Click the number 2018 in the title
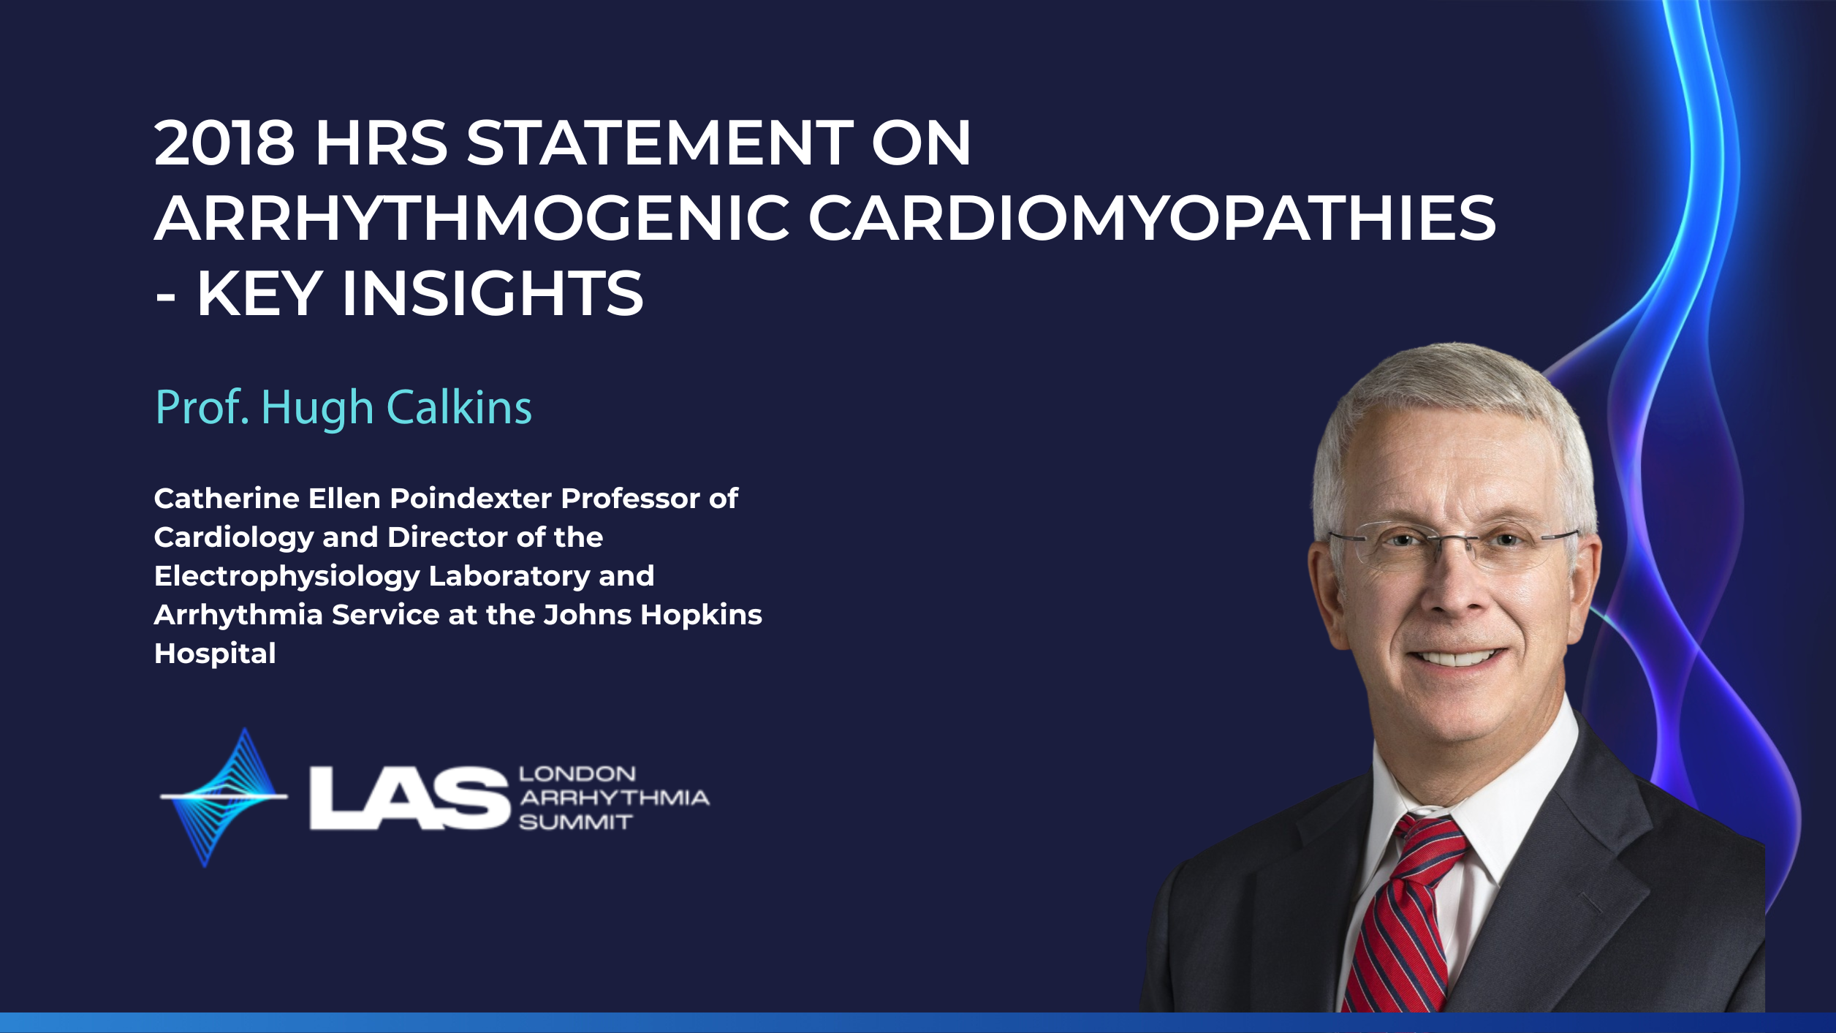click(x=225, y=143)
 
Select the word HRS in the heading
click(x=382, y=143)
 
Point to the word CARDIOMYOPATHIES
click(x=1152, y=218)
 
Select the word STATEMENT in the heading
click(x=660, y=143)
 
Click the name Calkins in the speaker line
click(x=459, y=407)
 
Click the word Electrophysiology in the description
click(x=287, y=577)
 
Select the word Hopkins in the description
click(x=702, y=616)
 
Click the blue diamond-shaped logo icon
click(x=224, y=797)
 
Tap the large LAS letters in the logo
click(x=409, y=798)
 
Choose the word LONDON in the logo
click(x=577, y=773)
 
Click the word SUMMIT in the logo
click(x=575, y=822)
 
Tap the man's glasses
click(x=1453, y=545)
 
